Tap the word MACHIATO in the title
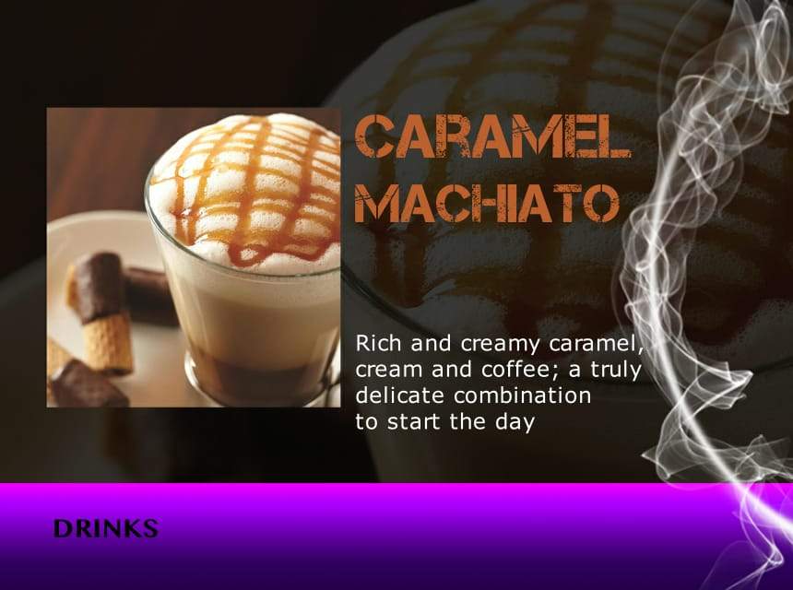486,204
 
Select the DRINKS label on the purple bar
105,529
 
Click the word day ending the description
515,424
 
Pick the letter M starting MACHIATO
374,204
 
